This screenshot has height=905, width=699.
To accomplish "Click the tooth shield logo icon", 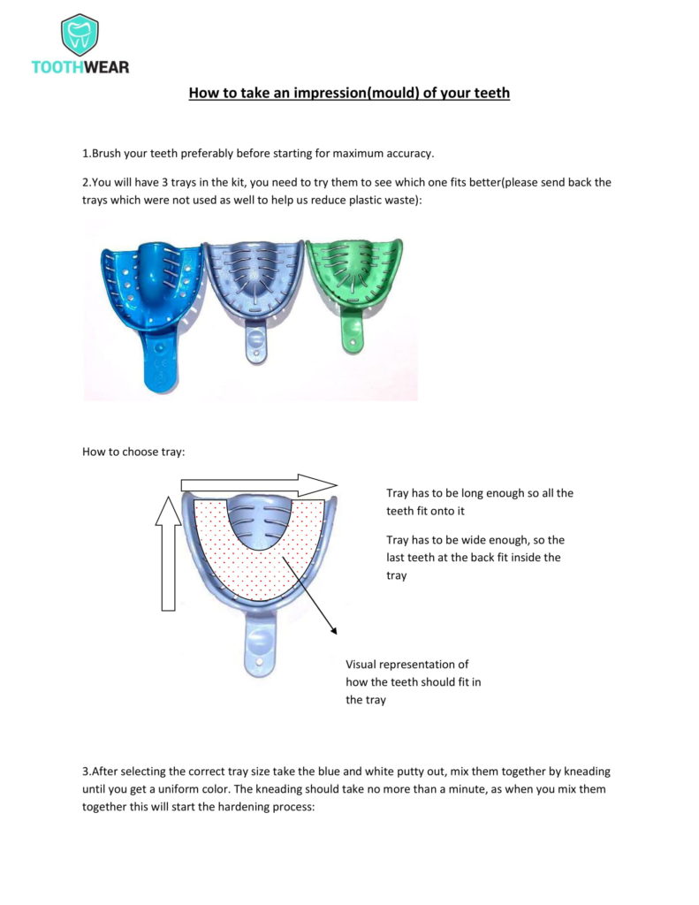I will click(x=80, y=34).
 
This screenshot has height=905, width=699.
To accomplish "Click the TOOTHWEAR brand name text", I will click(x=80, y=67).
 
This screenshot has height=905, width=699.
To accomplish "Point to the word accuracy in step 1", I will click(x=408, y=153).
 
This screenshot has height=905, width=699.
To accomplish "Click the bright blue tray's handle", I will click(x=158, y=354).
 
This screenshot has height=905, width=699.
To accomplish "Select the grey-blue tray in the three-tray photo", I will click(x=254, y=283).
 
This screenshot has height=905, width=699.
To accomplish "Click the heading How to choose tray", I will click(x=133, y=452).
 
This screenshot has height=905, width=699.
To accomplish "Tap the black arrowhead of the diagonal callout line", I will click(x=333, y=629).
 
